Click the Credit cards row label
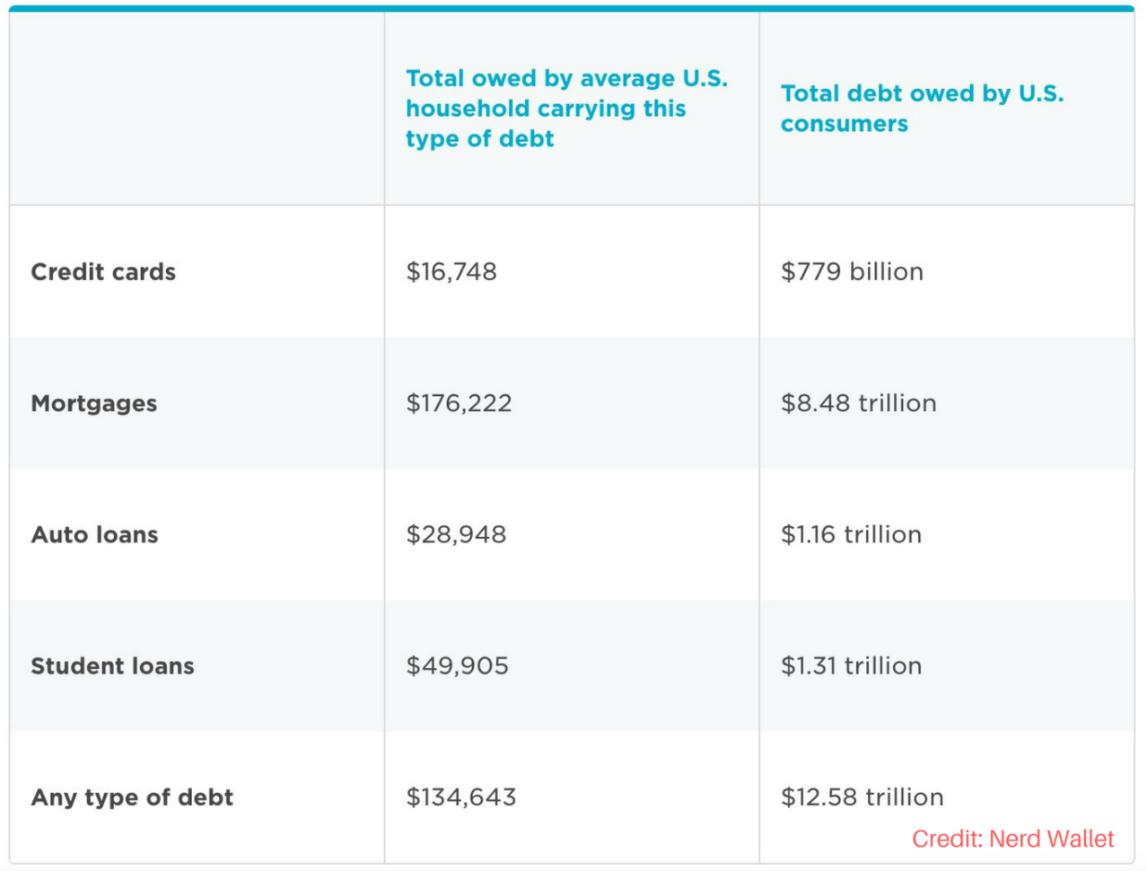pyautogui.click(x=103, y=272)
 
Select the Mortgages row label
pyautogui.click(x=94, y=403)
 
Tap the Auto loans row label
pyautogui.click(x=95, y=535)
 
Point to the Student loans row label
pyautogui.click(x=113, y=666)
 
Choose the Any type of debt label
pyautogui.click(x=132, y=797)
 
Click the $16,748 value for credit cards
pyautogui.click(x=451, y=272)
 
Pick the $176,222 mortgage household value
pyautogui.click(x=459, y=403)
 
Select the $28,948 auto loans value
pyautogui.click(x=456, y=535)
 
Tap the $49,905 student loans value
pyautogui.click(x=457, y=666)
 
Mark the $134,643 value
pyautogui.click(x=461, y=797)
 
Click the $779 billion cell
pyautogui.click(x=852, y=272)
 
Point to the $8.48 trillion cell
pyautogui.click(x=859, y=403)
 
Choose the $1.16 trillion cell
pyautogui.click(x=851, y=535)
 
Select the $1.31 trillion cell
pyautogui.click(x=851, y=666)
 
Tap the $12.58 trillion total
pyautogui.click(x=862, y=797)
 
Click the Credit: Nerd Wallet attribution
pyautogui.click(x=1012, y=840)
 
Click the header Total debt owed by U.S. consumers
pyautogui.click(x=922, y=108)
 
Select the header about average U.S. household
pyautogui.click(x=565, y=108)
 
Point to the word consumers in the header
pyautogui.click(x=845, y=124)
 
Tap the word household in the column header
pyautogui.click(x=468, y=109)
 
